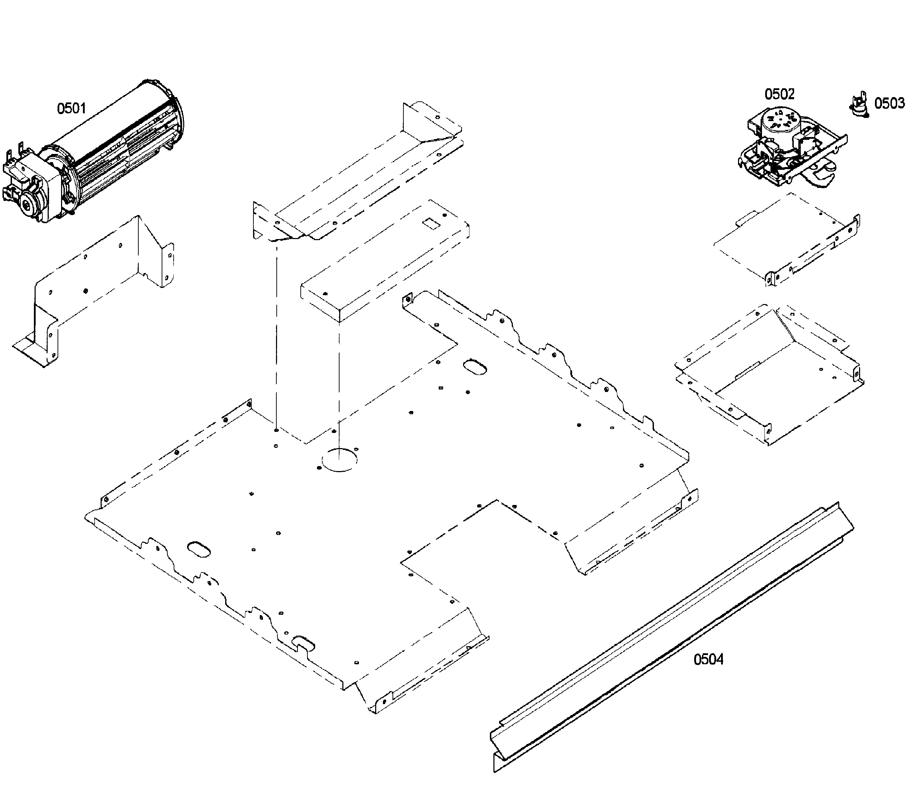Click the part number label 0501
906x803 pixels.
click(x=71, y=108)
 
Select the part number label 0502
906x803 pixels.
click(x=779, y=94)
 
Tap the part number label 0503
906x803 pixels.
click(x=889, y=103)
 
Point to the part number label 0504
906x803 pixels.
click(x=708, y=659)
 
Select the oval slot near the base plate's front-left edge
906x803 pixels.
click(x=199, y=548)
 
